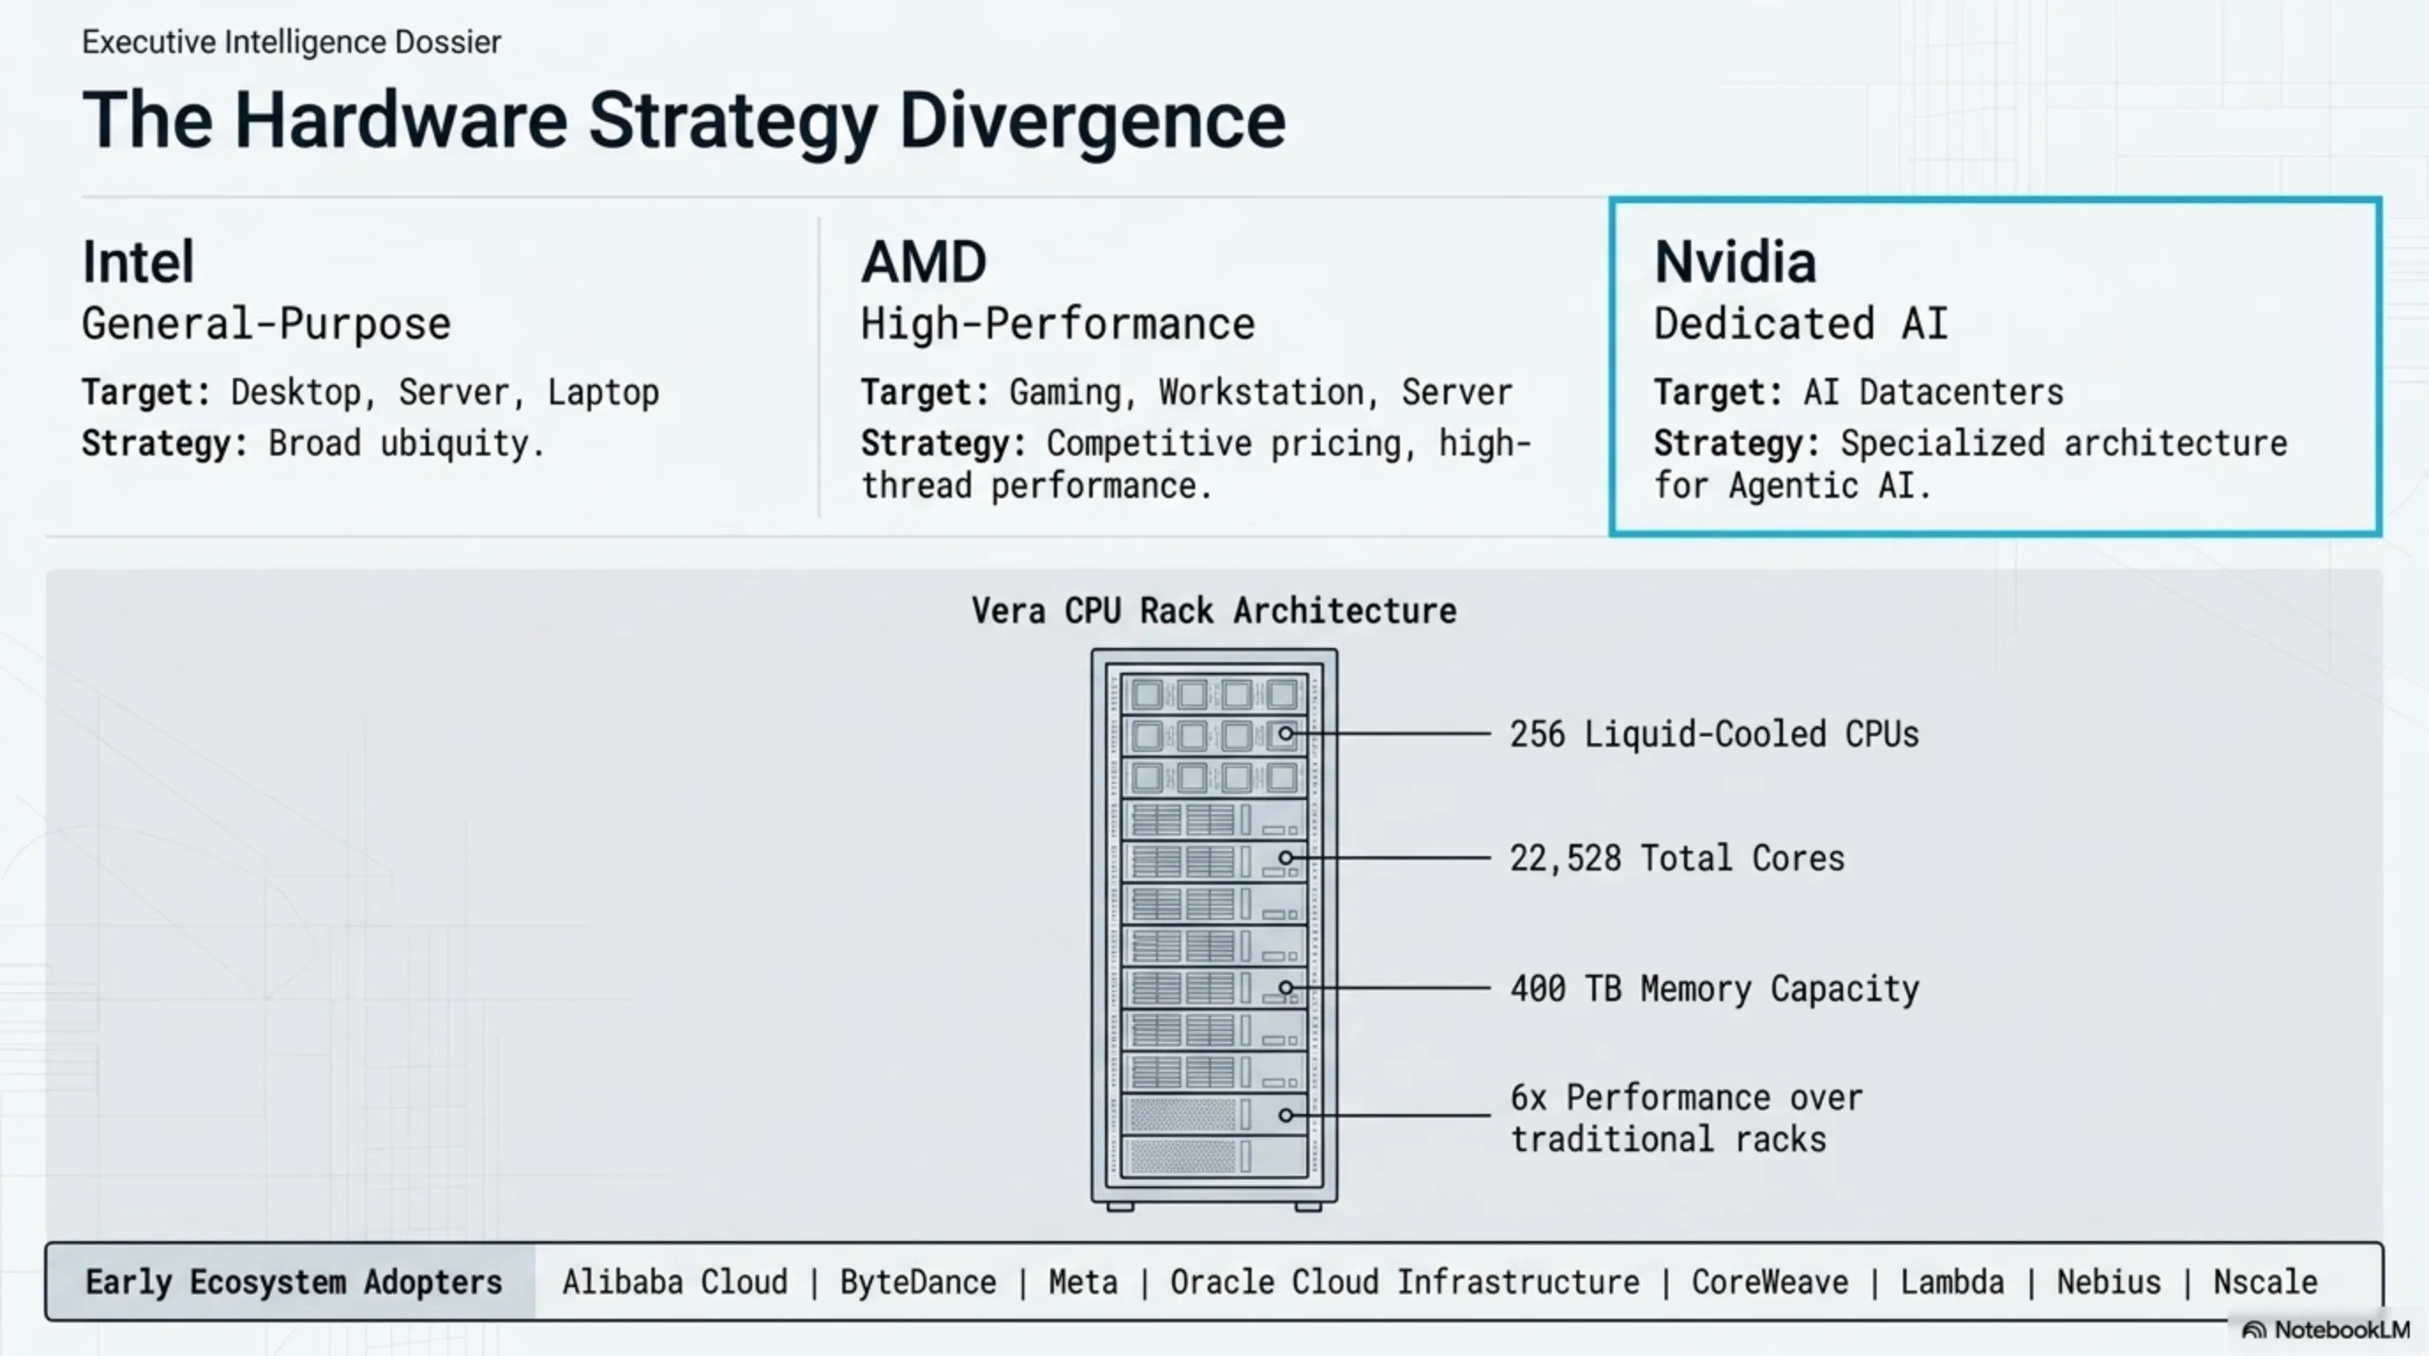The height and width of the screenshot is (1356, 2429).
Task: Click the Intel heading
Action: pos(139,261)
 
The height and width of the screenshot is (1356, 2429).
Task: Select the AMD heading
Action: pos(923,261)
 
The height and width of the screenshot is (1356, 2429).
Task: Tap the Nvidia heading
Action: pos(1735,261)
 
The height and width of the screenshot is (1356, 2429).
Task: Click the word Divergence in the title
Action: pos(1092,121)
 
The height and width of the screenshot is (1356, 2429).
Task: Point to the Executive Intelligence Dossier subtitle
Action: pos(291,42)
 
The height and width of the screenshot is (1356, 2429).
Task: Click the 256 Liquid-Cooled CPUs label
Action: pos(1713,734)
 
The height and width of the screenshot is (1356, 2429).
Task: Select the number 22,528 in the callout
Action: pos(1565,858)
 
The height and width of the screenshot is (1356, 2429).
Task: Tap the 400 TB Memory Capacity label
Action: pos(1713,988)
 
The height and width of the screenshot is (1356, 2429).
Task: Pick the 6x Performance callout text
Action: pos(1686,1119)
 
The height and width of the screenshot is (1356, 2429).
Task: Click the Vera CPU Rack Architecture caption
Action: pos(1214,611)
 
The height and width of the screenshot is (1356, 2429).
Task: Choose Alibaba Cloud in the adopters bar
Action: pos(674,1283)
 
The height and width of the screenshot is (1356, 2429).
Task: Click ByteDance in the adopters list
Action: pos(917,1283)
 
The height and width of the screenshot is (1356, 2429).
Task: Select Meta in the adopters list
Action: pos(1082,1283)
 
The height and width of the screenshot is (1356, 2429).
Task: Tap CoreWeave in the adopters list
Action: pos(1769,1283)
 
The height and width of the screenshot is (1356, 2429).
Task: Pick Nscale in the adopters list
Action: pos(2265,1283)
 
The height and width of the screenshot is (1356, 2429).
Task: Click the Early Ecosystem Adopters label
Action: pos(293,1283)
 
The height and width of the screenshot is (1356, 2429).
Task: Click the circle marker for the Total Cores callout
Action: pos(1285,858)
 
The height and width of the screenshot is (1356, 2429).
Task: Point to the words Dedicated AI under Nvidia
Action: pos(1800,324)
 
